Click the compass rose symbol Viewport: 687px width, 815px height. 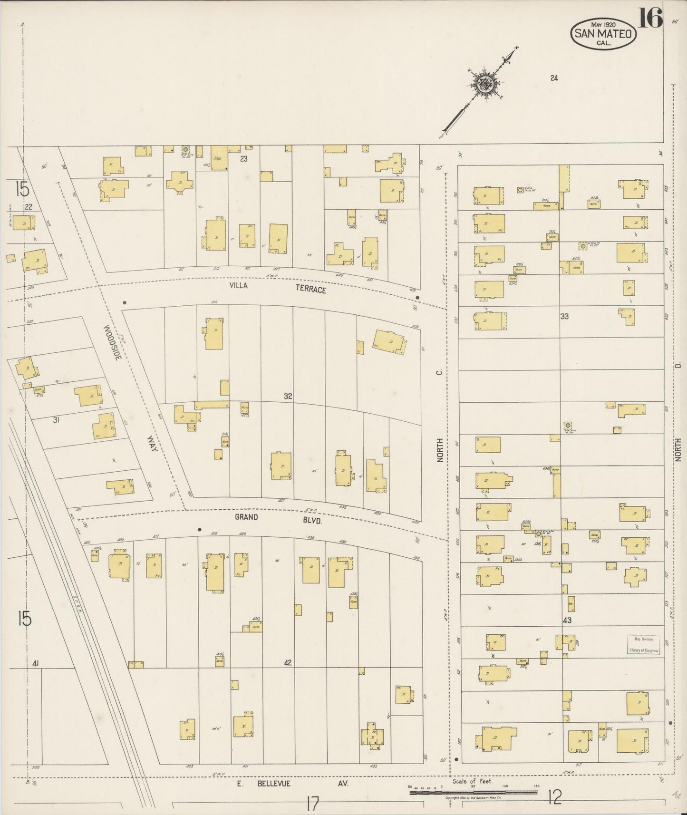pyautogui.click(x=485, y=84)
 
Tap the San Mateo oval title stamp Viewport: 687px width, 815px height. pyautogui.click(x=603, y=34)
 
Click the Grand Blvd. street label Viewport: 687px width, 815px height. pyautogui.click(x=278, y=519)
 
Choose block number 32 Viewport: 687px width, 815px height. pyautogui.click(x=288, y=396)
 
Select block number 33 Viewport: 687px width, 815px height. pyautogui.click(x=564, y=316)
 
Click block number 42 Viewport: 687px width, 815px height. pyautogui.click(x=287, y=662)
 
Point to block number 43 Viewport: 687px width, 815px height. pyautogui.click(x=567, y=621)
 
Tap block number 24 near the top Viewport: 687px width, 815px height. pyautogui.click(x=554, y=78)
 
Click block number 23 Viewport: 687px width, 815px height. pyautogui.click(x=243, y=159)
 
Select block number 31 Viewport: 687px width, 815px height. pyautogui.click(x=56, y=419)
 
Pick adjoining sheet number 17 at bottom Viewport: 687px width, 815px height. pyautogui.click(x=312, y=805)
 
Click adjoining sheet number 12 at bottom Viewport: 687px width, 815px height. pyautogui.click(x=554, y=797)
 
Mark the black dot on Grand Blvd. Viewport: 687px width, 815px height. pyautogui.click(x=200, y=529)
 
